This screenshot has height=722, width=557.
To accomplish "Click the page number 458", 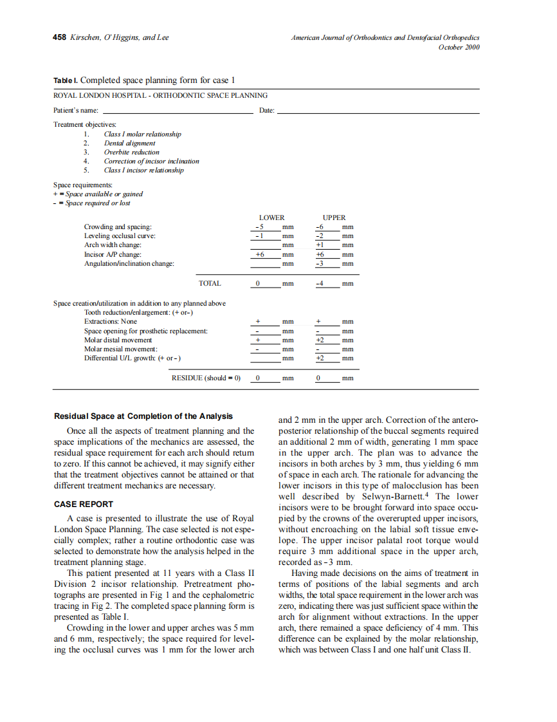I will pos(59,37).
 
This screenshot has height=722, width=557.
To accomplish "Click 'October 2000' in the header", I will pos(459,47).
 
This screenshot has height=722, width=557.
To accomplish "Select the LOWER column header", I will pos(271,218).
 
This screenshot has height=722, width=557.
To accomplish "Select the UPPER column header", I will pos(334,218).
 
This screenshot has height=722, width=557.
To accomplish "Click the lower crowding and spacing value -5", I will pos(259,227).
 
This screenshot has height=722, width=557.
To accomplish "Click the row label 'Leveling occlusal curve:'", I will pos(120,236).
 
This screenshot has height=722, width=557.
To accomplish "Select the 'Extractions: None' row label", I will pos(111,321).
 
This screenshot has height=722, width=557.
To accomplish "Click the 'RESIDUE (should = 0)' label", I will pos(205,378).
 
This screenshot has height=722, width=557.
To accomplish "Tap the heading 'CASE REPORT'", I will pos(84,504).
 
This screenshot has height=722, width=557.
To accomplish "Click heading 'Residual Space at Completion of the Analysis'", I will pos(143,416).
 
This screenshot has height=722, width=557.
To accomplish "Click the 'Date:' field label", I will pos(266,111).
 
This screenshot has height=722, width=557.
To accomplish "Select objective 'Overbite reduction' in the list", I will pos(131,153).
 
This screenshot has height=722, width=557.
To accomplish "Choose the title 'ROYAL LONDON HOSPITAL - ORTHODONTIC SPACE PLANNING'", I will pos(160,95).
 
